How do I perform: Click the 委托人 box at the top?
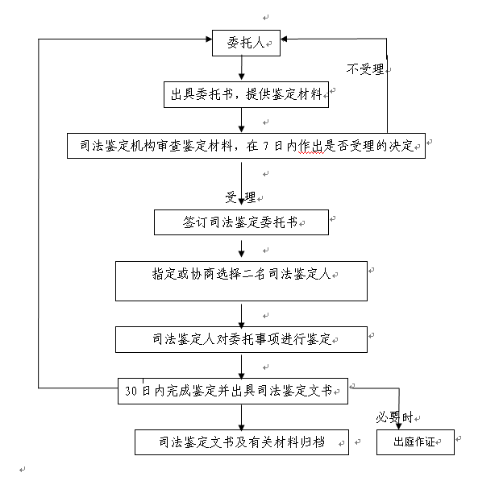pyautogui.click(x=246, y=44)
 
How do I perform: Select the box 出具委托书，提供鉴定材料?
pyautogui.click(x=245, y=94)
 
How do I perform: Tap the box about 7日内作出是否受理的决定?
pyautogui.click(x=245, y=146)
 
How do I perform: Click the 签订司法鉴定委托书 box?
pyautogui.click(x=241, y=222)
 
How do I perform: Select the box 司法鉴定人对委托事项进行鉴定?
pyautogui.click(x=241, y=339)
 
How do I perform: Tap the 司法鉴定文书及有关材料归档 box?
pyautogui.click(x=241, y=442)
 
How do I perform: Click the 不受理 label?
pyautogui.click(x=365, y=69)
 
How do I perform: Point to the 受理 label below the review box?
pyautogui.click(x=240, y=197)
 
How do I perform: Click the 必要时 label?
pyautogui.click(x=394, y=417)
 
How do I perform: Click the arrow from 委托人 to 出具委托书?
pyautogui.click(x=242, y=68)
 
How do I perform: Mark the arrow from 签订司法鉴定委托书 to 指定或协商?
pyautogui.click(x=241, y=247)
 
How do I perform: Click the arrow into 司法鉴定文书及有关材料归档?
pyautogui.click(x=241, y=417)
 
